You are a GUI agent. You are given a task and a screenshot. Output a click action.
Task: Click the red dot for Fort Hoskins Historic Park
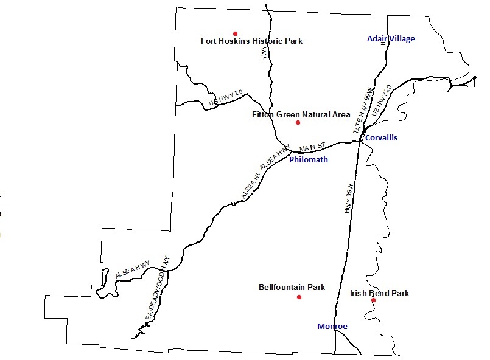coord(235,33)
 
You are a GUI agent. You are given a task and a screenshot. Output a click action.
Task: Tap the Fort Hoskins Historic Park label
coord(251,41)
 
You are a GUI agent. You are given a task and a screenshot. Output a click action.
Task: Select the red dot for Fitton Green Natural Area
coord(298,123)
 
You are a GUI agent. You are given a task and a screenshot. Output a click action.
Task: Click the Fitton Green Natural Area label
coord(301,114)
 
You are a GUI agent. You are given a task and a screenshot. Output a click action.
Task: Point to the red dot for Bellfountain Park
coord(299,297)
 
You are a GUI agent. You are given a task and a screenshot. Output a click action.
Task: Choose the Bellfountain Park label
coord(292,287)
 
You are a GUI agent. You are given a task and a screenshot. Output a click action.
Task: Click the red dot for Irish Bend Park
coord(373,300)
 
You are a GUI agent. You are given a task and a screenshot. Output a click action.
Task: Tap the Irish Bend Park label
coord(379,293)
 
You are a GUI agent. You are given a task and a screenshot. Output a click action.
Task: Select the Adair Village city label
coord(390,39)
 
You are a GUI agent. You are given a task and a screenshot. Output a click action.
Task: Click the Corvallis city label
coord(381,138)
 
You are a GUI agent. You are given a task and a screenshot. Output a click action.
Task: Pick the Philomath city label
coord(308,160)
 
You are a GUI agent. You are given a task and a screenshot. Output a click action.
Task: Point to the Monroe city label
coord(332,327)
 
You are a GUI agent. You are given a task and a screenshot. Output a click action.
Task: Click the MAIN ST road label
coord(313,147)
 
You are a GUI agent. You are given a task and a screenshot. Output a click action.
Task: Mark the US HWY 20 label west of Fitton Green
coord(226,99)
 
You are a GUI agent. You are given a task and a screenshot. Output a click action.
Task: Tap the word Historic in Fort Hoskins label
coord(255,41)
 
